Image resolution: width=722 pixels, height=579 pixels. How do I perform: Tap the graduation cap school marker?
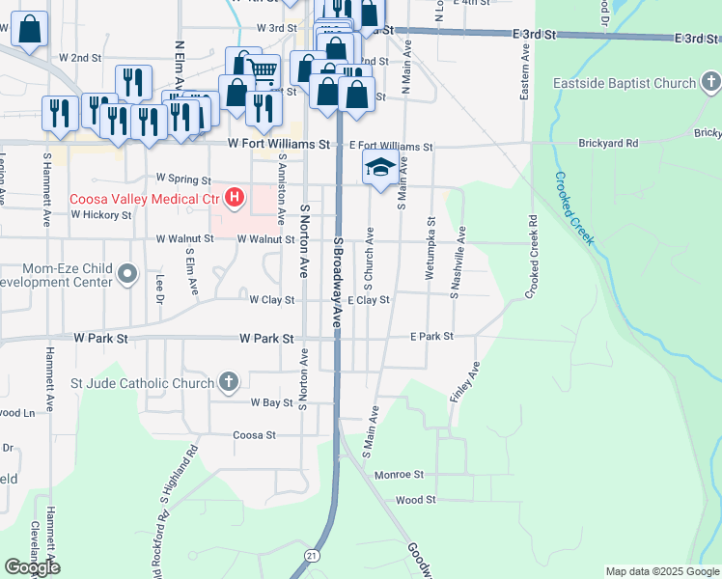pyautogui.click(x=380, y=169)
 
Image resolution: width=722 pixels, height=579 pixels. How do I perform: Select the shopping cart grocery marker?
pyautogui.click(x=264, y=69)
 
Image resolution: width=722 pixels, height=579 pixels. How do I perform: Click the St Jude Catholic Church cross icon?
pyautogui.click(x=229, y=383)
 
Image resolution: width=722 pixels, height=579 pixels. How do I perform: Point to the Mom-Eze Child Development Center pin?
pyautogui.click(x=127, y=275)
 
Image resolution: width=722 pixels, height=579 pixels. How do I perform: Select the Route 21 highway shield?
pyautogui.click(x=311, y=555)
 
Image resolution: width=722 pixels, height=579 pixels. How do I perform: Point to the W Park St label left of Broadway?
pyautogui.click(x=265, y=339)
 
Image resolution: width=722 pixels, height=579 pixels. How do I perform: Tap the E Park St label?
pyautogui.click(x=431, y=337)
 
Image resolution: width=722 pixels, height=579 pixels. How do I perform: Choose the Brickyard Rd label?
pyautogui.click(x=608, y=144)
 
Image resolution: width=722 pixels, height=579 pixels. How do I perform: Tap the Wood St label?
pyautogui.click(x=416, y=500)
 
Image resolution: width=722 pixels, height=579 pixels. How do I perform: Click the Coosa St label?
pyautogui.click(x=255, y=435)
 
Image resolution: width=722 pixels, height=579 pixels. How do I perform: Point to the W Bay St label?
pyautogui.click(x=271, y=401)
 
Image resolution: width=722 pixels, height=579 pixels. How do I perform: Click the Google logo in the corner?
pyautogui.click(x=32, y=567)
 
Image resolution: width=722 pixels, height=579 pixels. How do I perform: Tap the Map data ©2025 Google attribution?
pyautogui.click(x=661, y=571)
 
